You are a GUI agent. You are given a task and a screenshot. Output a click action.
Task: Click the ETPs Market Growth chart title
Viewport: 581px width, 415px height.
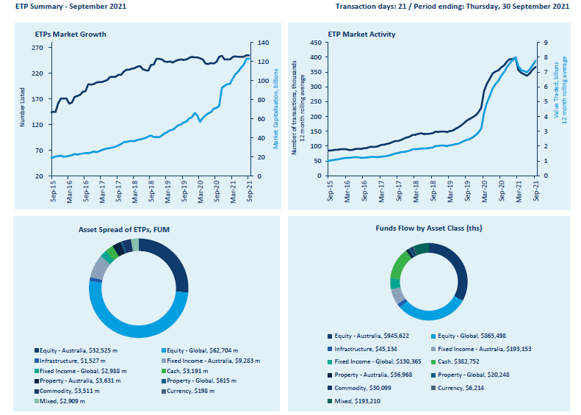click(71, 34)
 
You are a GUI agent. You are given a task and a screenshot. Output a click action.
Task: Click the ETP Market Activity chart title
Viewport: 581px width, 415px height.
click(361, 34)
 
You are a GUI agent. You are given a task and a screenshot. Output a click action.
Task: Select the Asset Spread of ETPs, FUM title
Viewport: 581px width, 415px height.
click(138, 229)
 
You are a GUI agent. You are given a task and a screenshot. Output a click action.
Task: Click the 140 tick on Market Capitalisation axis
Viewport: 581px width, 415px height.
click(262, 43)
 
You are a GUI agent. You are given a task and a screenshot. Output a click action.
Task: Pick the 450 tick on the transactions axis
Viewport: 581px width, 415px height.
click(315, 43)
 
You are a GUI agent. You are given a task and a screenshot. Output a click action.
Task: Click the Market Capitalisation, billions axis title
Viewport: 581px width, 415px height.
click(276, 109)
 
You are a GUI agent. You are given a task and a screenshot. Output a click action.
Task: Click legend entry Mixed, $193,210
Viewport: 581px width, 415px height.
click(357, 401)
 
